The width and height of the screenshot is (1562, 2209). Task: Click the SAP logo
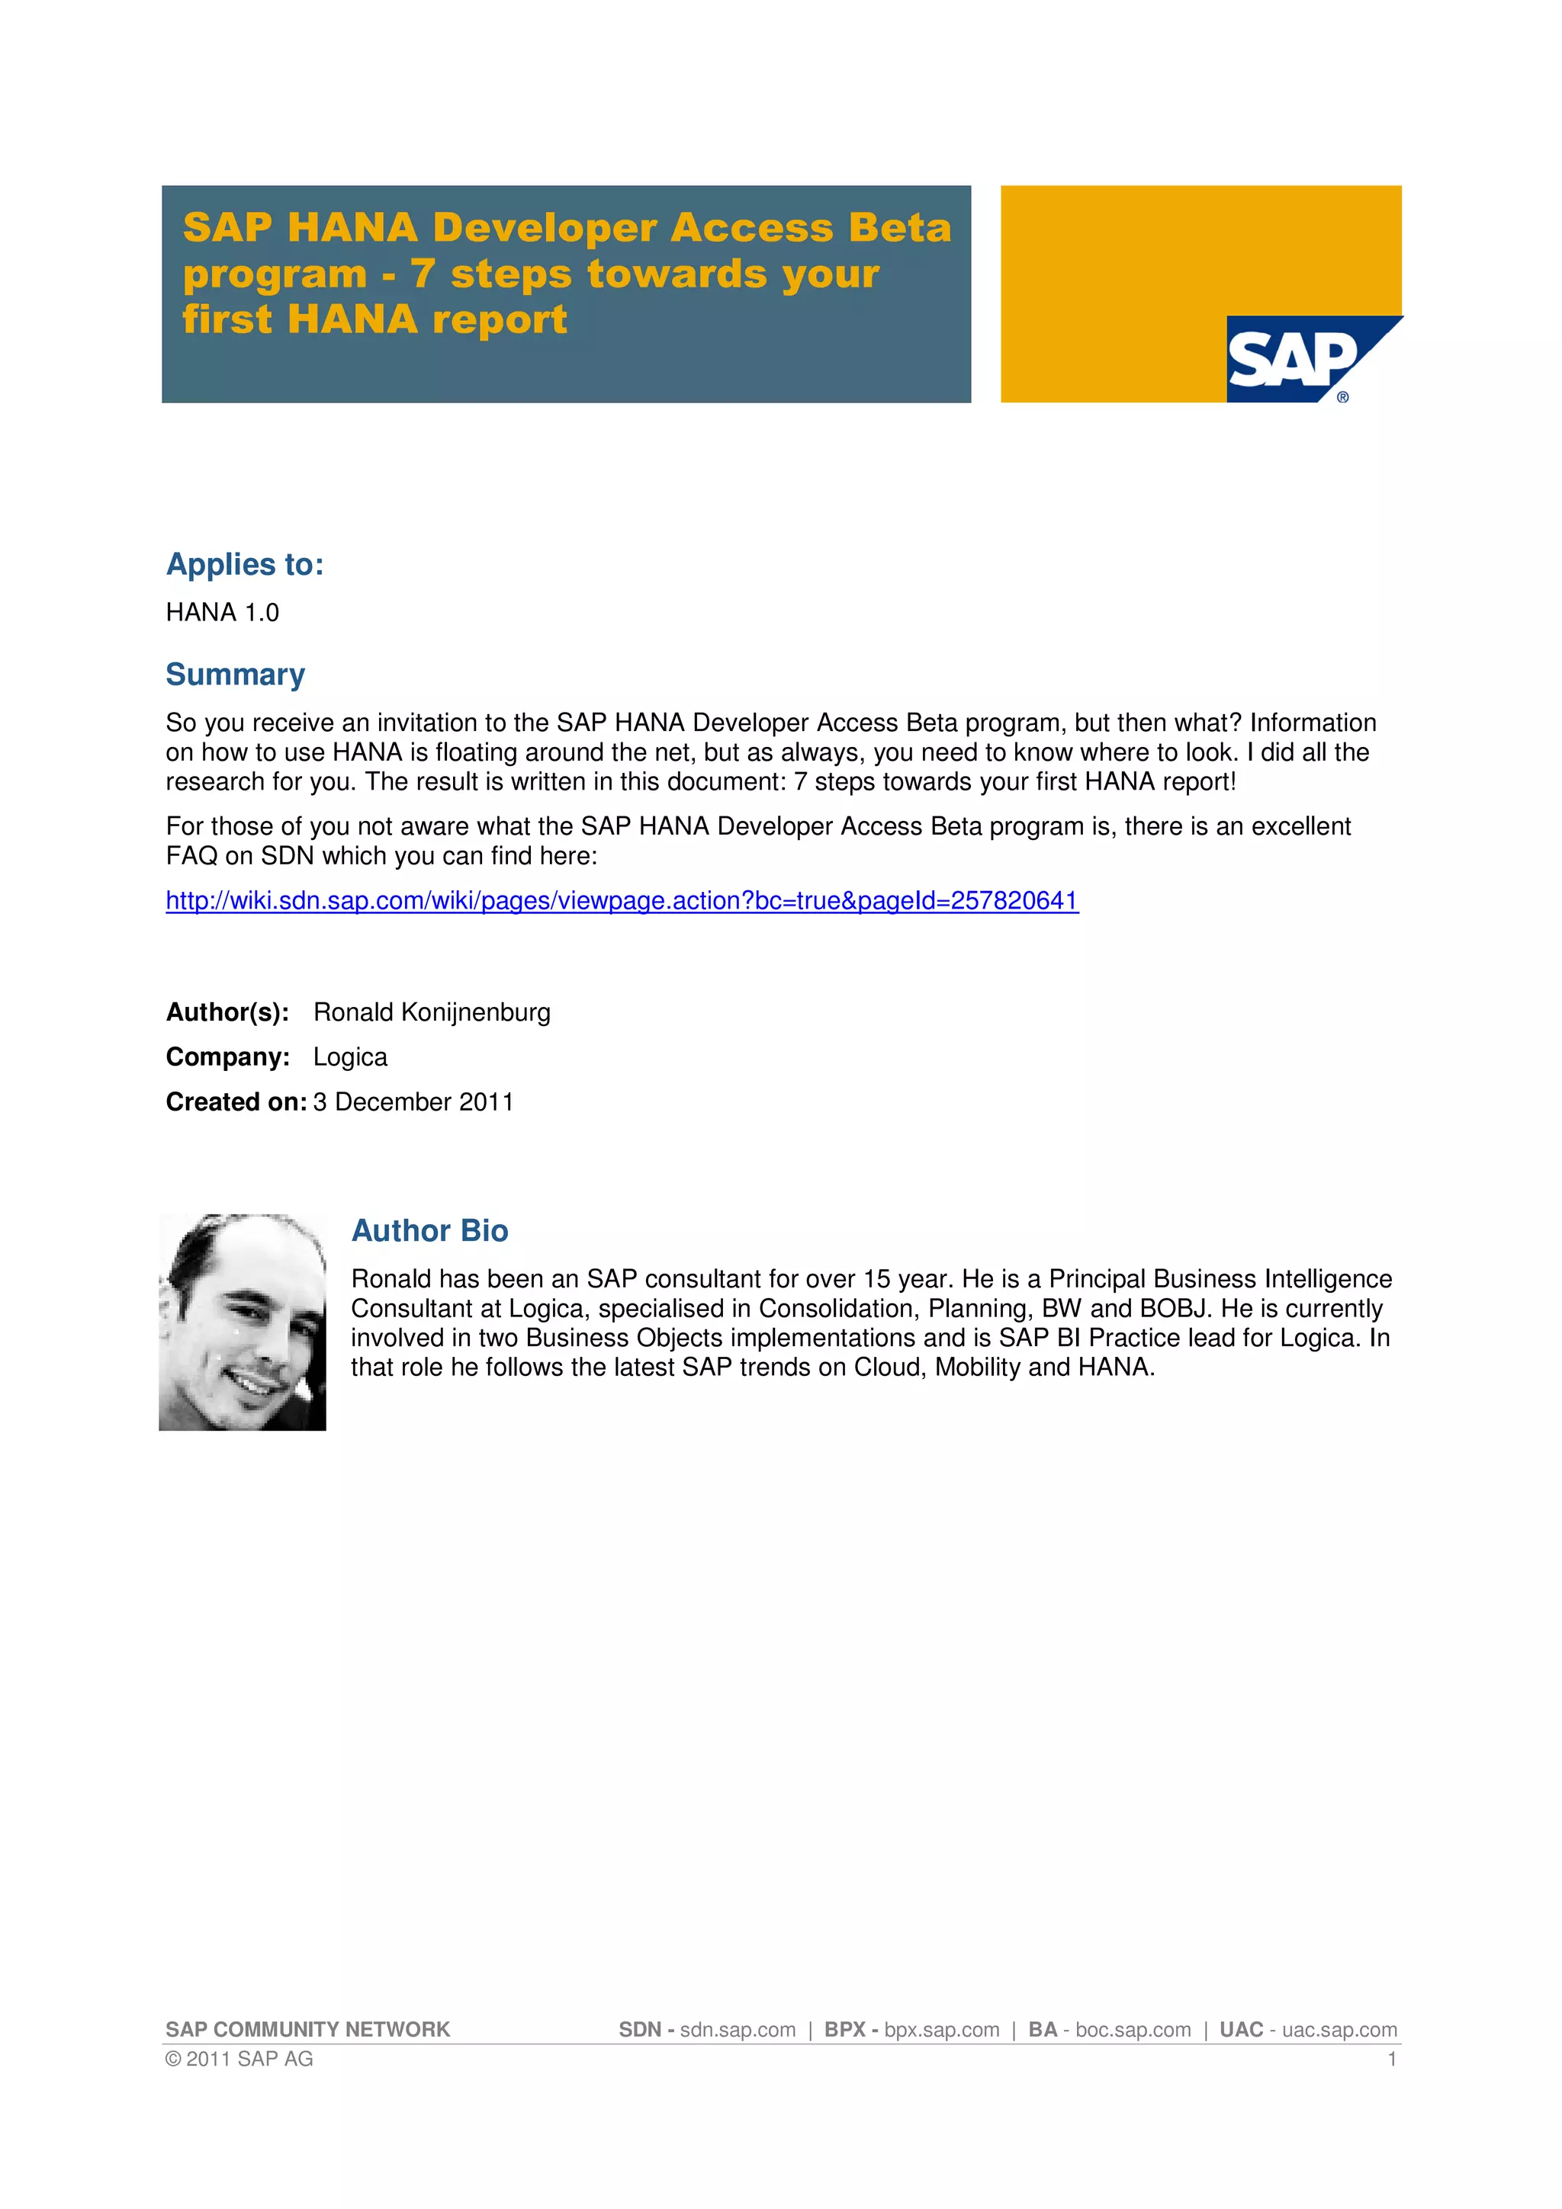[1294, 359]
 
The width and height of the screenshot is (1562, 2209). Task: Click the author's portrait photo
[243, 1321]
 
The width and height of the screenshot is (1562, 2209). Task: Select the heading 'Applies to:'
[245, 565]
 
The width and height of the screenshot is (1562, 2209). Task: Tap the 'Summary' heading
[235, 675]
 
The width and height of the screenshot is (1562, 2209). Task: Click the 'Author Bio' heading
[429, 1230]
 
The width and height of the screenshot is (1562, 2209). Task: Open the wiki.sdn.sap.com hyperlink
[622, 900]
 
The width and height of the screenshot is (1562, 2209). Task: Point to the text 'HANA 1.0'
[222, 613]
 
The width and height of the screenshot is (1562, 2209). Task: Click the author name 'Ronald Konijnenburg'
[432, 1012]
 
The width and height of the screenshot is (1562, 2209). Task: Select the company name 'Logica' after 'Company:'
[350, 1057]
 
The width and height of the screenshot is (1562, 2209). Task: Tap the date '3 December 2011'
[414, 1101]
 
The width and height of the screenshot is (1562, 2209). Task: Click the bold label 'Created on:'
[236, 1101]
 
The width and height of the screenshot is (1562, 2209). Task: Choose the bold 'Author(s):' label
[227, 1012]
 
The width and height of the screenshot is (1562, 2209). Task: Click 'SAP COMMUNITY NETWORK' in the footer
[307, 2029]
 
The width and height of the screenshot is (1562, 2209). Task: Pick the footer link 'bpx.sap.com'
[941, 2029]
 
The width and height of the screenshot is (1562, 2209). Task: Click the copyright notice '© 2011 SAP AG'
[239, 2058]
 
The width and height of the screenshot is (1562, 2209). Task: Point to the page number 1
[1392, 2059]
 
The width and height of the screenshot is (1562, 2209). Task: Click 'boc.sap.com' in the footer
[1133, 2029]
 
